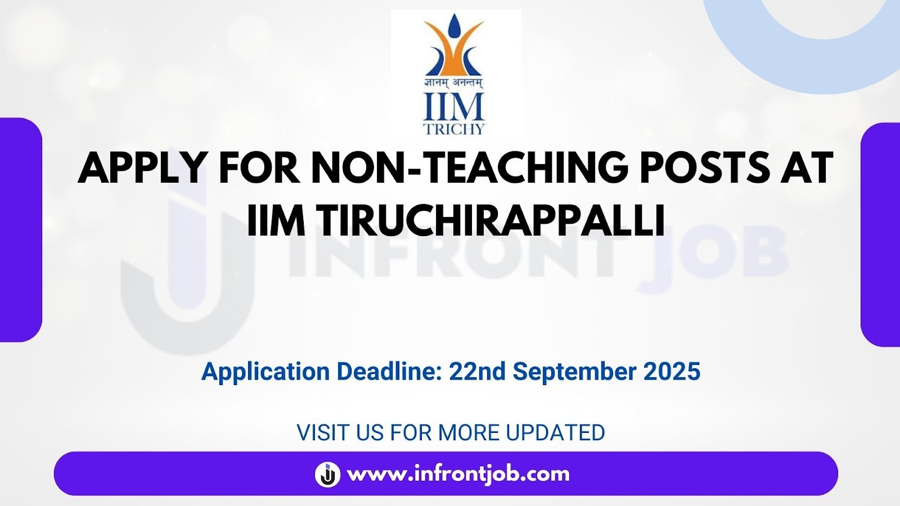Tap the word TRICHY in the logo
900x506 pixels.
pos(454,129)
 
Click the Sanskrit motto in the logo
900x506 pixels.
pos(454,83)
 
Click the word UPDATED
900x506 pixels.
pos(555,432)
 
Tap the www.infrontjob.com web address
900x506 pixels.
pos(458,475)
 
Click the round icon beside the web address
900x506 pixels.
pos(327,475)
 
